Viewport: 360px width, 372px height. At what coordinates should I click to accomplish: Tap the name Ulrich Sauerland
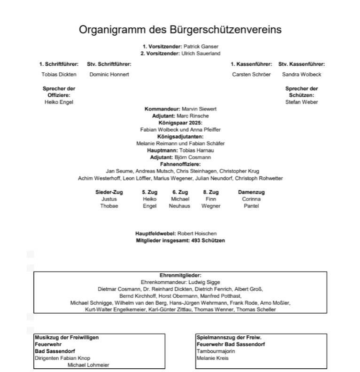pos(201,54)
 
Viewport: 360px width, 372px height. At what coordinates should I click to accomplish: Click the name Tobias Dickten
pos(59,74)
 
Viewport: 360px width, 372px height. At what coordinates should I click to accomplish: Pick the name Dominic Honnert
pos(109,74)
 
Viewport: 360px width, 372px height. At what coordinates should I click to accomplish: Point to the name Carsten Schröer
pos(251,74)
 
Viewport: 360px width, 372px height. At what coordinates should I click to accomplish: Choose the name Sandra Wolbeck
pos(301,74)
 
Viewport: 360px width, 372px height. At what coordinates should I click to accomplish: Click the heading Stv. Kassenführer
pos(301,64)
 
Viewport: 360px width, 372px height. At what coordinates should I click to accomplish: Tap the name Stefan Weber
pos(301,102)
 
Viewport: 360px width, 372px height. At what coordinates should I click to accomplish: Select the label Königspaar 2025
pos(180,122)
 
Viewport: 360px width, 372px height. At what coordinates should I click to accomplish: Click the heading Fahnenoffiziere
pos(180,164)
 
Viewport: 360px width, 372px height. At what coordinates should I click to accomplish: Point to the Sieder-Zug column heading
pos(109,192)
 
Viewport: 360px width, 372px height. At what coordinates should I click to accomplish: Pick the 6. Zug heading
pos(180,192)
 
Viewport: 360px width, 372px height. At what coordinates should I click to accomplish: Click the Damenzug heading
pos(251,192)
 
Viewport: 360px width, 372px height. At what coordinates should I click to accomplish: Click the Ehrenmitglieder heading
pos(180,275)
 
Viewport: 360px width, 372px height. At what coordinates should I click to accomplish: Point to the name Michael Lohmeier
pos(88,364)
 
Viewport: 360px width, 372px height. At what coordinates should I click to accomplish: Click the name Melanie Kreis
pos(212,358)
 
